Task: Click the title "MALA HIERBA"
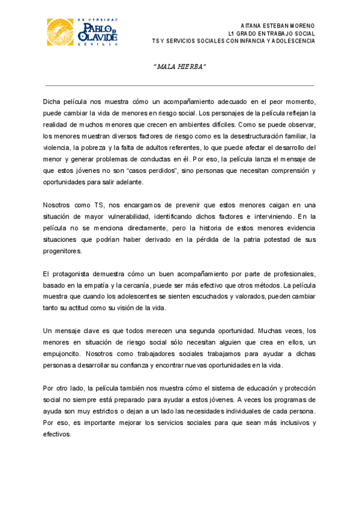click(x=179, y=65)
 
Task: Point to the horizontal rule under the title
click(x=179, y=86)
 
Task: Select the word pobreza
click(x=95, y=148)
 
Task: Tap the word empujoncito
click(x=64, y=353)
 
